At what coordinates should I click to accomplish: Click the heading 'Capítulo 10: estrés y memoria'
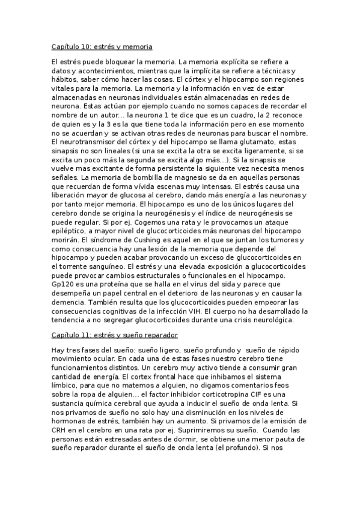click(x=101, y=46)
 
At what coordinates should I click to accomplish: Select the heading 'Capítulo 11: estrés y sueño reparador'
click(x=114, y=334)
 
